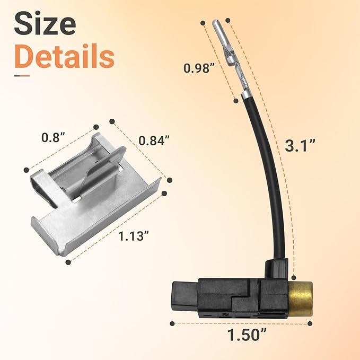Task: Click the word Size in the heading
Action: click(45, 24)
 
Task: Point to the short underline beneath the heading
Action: click(22, 76)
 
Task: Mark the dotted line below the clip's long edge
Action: click(117, 225)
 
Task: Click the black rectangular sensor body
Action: click(233, 297)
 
